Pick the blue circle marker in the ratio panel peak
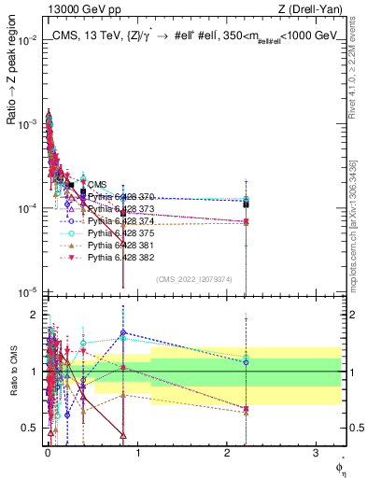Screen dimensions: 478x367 (123, 333)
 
